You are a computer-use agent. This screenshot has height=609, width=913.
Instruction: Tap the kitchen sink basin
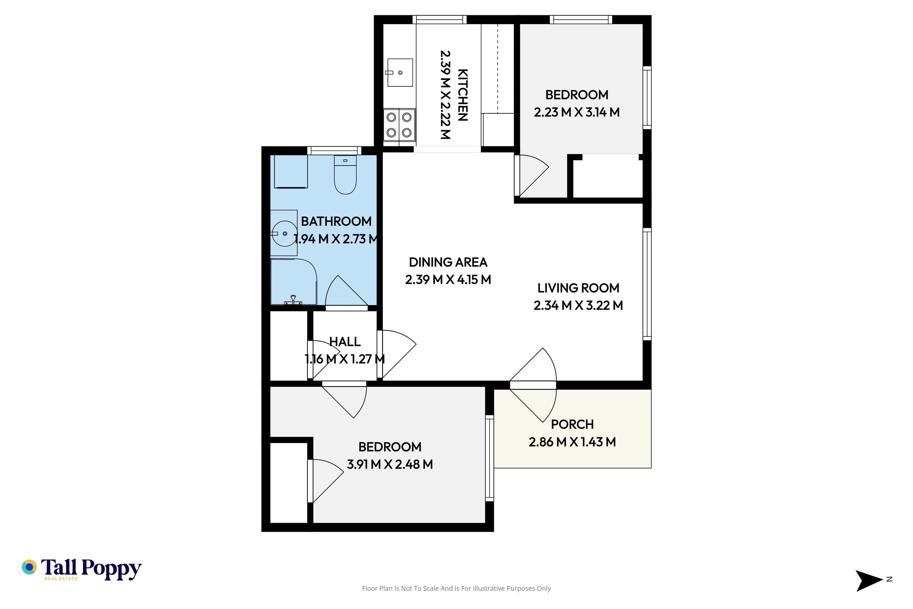tap(400, 73)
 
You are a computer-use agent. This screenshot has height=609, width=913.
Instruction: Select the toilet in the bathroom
tap(345, 175)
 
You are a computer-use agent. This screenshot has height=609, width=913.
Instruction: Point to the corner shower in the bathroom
tap(293, 282)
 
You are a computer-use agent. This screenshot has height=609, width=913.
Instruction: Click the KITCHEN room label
tap(463, 95)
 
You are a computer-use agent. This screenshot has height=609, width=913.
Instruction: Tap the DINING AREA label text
tap(448, 262)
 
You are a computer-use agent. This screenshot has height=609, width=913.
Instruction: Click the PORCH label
tap(572, 424)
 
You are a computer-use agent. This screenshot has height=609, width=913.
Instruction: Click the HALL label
tap(345, 342)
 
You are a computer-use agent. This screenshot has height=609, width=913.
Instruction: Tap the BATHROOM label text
tap(336, 221)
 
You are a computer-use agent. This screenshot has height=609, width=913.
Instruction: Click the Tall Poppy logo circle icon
tap(29, 567)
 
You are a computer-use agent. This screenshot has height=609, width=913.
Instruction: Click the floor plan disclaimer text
tap(456, 588)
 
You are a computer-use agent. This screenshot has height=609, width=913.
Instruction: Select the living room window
tap(647, 284)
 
